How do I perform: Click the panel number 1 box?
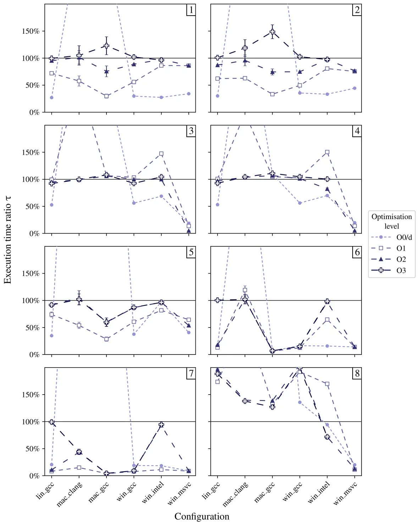pyautogui.click(x=191, y=10)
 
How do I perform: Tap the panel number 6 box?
pyautogui.click(x=357, y=252)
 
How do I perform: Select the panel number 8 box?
pyautogui.click(x=357, y=373)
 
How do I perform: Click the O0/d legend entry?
pyautogui.click(x=392, y=237)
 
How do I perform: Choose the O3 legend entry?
pyautogui.click(x=392, y=270)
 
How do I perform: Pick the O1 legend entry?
pyautogui.click(x=392, y=248)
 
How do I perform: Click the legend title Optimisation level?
pyautogui.click(x=392, y=221)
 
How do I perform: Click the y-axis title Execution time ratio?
pyautogui.click(x=8, y=240)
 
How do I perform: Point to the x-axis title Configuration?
pyautogui.click(x=202, y=516)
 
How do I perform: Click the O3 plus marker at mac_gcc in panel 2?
pyautogui.click(x=272, y=32)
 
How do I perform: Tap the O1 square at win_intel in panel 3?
pyautogui.click(x=161, y=154)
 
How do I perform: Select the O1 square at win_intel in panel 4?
pyautogui.click(x=327, y=152)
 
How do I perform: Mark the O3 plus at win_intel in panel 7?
pyautogui.click(x=161, y=424)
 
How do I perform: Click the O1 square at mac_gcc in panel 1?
pyautogui.click(x=106, y=96)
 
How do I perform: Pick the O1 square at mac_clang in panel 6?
pyautogui.click(x=245, y=290)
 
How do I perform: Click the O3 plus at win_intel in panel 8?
pyautogui.click(x=327, y=437)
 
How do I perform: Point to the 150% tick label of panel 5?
pyautogui.click(x=31, y=274)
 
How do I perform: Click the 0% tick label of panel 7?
pyautogui.click(x=34, y=476)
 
